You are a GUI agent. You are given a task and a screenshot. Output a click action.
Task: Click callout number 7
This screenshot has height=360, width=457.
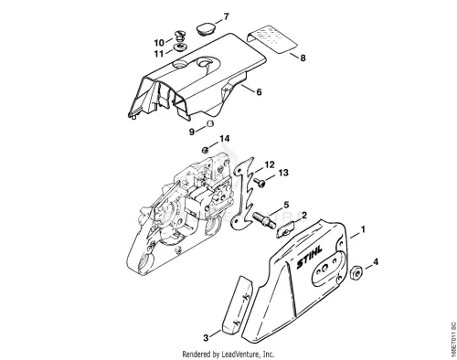click(226, 16)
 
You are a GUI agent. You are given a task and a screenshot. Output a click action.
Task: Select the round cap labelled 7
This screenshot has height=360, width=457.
click(205, 28)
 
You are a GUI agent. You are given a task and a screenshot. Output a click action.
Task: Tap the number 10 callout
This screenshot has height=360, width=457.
click(159, 42)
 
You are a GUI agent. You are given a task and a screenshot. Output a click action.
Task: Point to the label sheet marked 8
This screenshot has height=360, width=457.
click(272, 39)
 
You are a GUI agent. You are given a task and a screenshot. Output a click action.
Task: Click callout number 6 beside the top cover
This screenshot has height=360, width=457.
click(259, 91)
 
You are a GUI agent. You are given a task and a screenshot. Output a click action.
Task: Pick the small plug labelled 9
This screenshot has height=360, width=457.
click(209, 124)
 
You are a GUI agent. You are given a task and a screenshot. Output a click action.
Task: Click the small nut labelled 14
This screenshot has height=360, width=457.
click(206, 150)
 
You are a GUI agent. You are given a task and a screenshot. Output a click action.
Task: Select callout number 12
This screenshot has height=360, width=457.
click(270, 164)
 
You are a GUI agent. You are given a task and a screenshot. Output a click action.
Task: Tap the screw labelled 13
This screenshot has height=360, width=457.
click(260, 183)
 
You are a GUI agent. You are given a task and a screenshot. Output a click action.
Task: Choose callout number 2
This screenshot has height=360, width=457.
click(304, 216)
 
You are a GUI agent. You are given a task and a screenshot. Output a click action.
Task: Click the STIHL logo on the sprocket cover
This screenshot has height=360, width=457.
click(309, 258)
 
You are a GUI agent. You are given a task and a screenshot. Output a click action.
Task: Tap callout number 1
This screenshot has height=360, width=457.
click(363, 229)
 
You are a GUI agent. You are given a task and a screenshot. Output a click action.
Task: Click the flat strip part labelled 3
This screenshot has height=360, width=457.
click(237, 304)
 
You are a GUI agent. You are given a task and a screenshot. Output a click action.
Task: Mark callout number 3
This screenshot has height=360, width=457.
click(206, 337)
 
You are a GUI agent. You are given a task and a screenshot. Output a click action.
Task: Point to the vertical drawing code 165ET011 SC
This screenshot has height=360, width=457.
click(453, 337)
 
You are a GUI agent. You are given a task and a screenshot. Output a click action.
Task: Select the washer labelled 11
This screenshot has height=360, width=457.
click(179, 48)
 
